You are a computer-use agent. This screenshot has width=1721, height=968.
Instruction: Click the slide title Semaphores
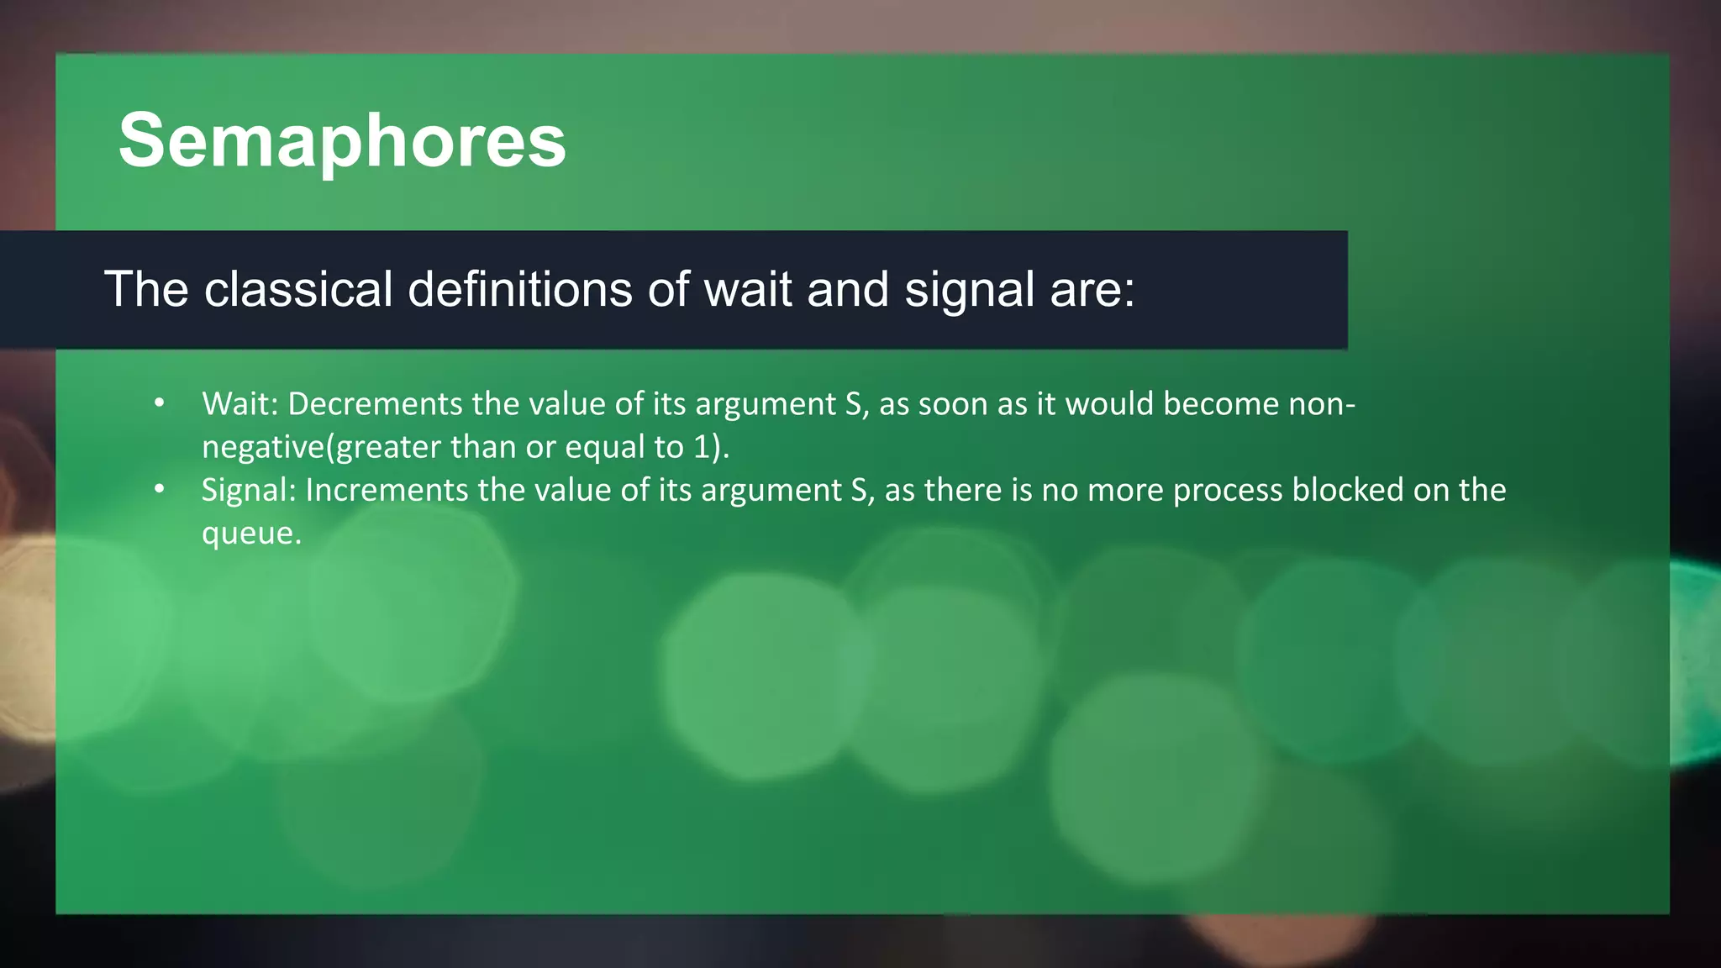pos(342,140)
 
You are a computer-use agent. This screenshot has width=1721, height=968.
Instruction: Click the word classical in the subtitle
pos(298,289)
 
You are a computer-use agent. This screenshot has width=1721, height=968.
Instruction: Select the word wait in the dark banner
pos(747,289)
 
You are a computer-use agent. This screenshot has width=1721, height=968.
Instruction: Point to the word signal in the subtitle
pos(969,291)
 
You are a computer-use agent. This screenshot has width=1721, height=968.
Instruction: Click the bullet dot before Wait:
pos(160,404)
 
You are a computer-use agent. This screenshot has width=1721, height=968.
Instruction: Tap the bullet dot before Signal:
pos(160,490)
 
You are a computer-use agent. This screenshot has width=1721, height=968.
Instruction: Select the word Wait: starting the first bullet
pos(239,404)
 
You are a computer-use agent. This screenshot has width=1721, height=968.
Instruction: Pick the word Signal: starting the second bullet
pos(248,490)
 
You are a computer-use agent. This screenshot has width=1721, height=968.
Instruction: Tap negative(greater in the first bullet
pos(321,447)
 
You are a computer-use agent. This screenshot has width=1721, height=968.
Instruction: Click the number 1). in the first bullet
pos(711,447)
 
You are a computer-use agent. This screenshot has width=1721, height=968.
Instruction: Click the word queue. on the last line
pos(251,533)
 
